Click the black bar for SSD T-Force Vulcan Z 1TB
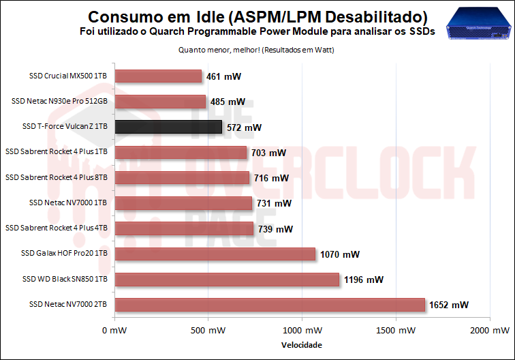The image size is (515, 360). coord(168,127)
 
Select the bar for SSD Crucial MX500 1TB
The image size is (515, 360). coord(158,76)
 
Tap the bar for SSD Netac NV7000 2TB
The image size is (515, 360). coord(270,304)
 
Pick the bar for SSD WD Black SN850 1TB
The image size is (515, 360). coord(227,280)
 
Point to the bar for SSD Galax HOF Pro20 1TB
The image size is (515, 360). coord(215,254)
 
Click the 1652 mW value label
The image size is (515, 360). coord(449,305)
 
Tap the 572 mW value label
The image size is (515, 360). coord(244,127)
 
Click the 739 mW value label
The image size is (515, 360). coord(275,229)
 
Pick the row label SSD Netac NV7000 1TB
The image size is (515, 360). coord(68,202)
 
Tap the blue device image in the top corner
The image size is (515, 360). coord(478,25)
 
